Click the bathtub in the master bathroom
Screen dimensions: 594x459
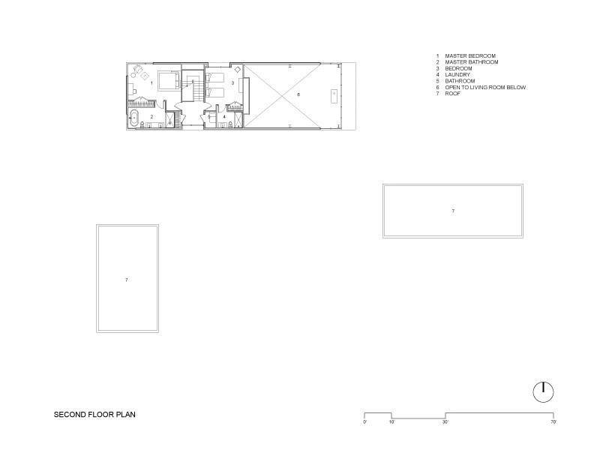(x=133, y=118)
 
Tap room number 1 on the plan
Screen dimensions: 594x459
(x=152, y=82)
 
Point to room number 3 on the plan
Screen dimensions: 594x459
(x=232, y=82)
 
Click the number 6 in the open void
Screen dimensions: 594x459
(x=298, y=94)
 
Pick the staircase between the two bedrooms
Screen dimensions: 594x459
(x=193, y=85)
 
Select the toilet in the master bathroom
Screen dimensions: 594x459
(x=142, y=124)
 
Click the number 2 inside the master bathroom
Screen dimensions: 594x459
(x=152, y=117)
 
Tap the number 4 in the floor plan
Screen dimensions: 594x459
(x=224, y=117)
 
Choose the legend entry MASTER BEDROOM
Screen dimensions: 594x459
(x=470, y=55)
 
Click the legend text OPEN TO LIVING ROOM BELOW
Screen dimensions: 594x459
(x=485, y=87)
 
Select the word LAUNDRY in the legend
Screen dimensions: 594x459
(x=457, y=74)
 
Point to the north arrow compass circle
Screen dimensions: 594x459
(x=543, y=392)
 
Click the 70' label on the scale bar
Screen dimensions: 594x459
(x=553, y=421)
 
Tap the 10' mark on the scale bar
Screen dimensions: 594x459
(x=391, y=421)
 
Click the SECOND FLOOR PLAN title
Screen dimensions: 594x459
(x=94, y=414)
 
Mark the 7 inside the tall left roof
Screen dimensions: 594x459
(x=127, y=280)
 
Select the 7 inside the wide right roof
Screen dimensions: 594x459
(x=453, y=211)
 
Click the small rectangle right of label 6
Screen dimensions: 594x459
(x=334, y=96)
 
